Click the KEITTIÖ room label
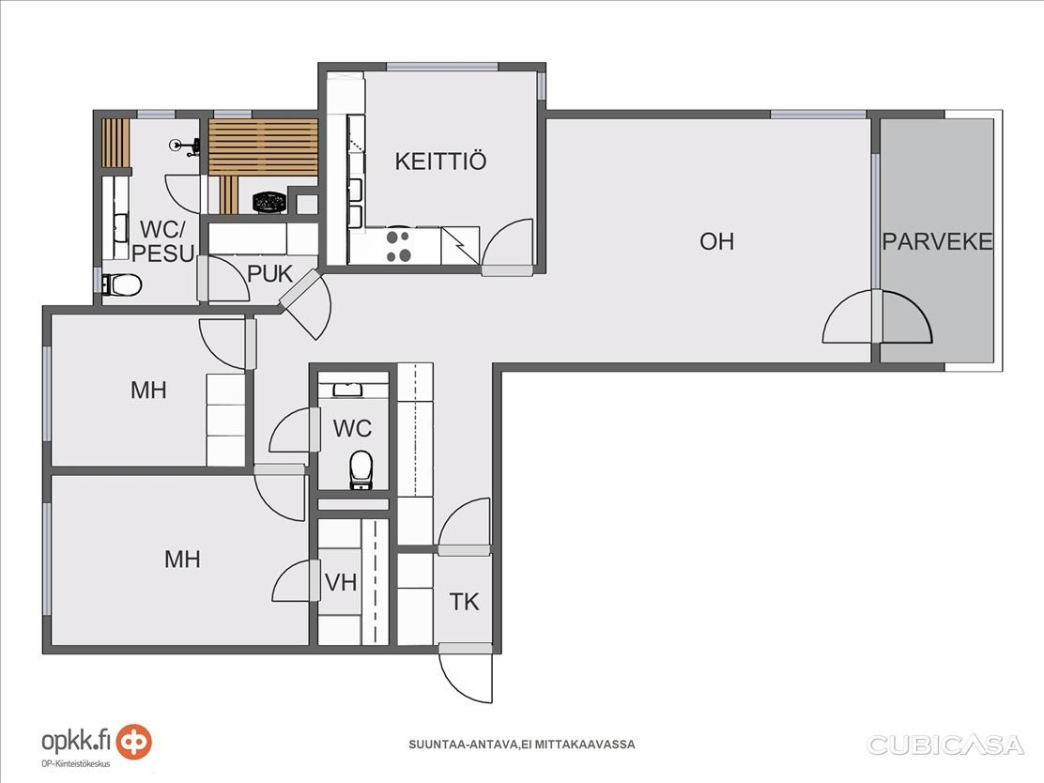(440, 161)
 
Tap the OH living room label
(716, 241)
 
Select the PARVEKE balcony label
(937, 241)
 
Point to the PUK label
(269, 273)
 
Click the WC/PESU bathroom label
(163, 241)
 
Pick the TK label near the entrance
(464, 602)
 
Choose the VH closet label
(341, 583)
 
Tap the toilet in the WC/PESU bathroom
(122, 285)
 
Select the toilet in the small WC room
(361, 469)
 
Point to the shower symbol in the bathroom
(184, 146)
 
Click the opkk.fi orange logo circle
(134, 742)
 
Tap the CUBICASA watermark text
(944, 745)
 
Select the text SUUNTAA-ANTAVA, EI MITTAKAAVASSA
(521, 745)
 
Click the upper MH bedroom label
(148, 391)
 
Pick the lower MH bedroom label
(182, 560)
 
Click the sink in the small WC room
(347, 390)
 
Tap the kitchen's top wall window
(442, 67)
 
